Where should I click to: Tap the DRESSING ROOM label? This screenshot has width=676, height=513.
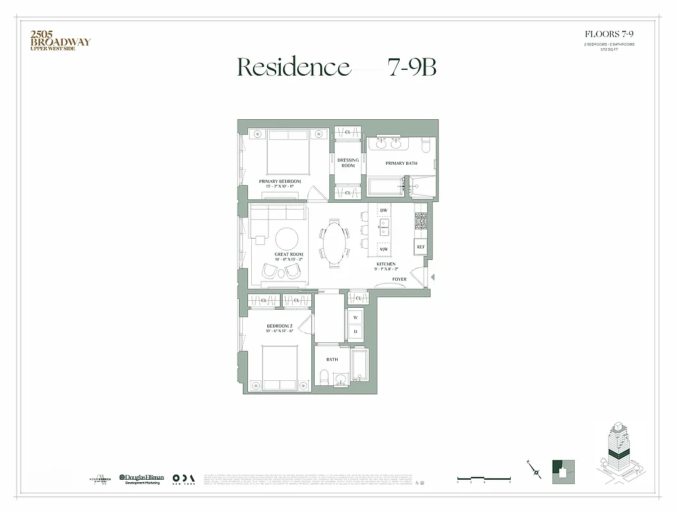[x=348, y=163]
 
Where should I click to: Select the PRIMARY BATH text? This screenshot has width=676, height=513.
[x=401, y=164]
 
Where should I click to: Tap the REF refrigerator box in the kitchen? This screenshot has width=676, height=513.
[x=421, y=247]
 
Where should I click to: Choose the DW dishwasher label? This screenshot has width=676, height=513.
[x=384, y=210]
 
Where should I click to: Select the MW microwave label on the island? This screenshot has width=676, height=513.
[x=384, y=249]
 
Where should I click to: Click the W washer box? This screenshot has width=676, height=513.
[x=356, y=317]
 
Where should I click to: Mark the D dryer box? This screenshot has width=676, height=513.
[x=356, y=332]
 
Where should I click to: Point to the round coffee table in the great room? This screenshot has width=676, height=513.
[x=286, y=239]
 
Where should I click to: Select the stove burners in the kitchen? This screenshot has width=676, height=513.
[x=421, y=221]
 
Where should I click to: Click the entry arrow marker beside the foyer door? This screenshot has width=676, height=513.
[x=434, y=277]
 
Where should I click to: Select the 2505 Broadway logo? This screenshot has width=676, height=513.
[x=60, y=40]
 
